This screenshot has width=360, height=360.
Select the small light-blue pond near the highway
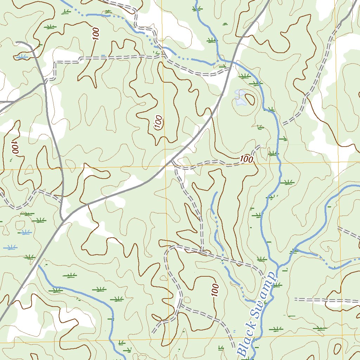240,98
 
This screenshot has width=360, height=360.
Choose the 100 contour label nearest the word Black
216,291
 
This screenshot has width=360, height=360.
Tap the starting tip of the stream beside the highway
39,266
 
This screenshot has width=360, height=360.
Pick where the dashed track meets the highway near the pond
230,69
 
